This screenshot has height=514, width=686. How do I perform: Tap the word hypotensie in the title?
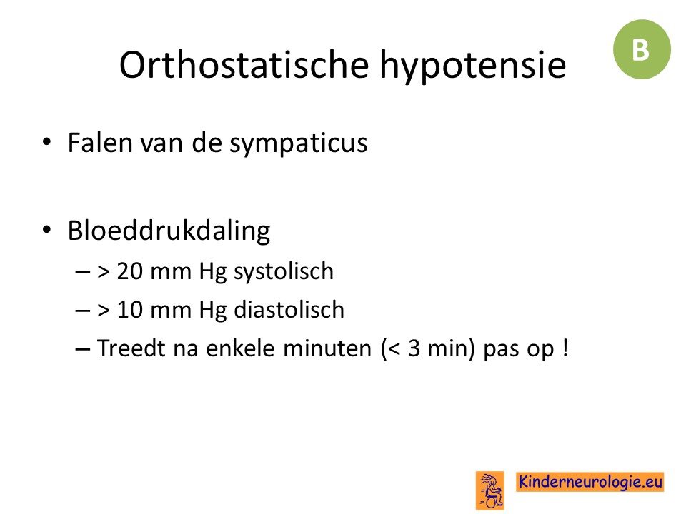point(473,66)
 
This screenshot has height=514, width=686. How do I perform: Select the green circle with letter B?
point(642,49)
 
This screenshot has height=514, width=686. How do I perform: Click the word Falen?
point(100,143)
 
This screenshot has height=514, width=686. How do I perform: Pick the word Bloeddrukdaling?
point(169,231)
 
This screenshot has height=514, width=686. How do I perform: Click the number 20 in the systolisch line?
point(129,271)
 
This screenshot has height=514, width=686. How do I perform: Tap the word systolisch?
point(284,272)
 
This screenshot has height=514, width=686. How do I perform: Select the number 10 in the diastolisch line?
point(129,310)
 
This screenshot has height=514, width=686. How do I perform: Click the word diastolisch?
point(289,309)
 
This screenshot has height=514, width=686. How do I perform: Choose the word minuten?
point(327,349)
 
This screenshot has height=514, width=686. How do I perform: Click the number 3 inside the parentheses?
point(414,349)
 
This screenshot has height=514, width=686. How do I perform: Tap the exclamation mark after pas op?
point(565,348)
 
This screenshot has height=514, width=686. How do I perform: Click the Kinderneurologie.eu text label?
point(590,482)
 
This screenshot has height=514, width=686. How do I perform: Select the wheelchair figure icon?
point(490,490)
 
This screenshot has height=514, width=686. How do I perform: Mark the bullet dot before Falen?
point(47,142)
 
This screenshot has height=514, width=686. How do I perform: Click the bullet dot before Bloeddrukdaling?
point(47,230)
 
